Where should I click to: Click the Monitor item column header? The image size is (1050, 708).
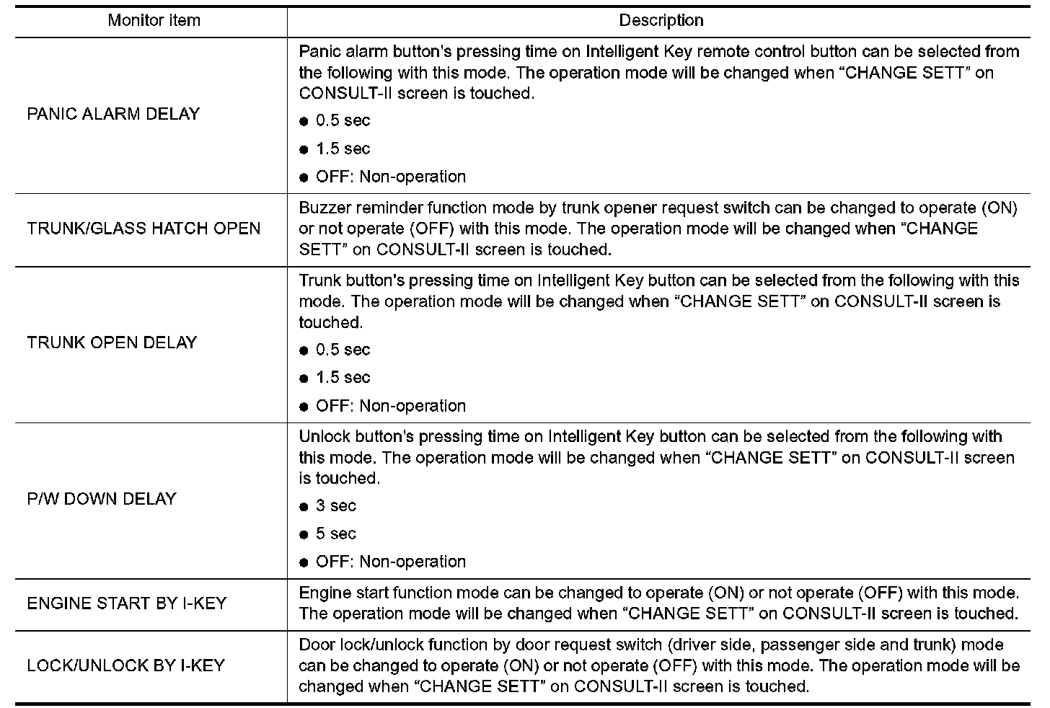pos(154,20)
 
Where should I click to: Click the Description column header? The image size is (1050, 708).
pos(661,20)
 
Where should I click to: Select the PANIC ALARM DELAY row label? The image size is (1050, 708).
pos(113,114)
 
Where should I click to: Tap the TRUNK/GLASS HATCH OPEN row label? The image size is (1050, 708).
pos(144,229)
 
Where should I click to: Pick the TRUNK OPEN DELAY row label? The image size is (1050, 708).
pos(112,342)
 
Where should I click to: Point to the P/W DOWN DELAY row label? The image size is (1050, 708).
pos(102,499)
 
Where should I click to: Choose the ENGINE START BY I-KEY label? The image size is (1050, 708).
pos(127,603)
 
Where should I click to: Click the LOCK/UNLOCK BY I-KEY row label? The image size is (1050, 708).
pos(126,665)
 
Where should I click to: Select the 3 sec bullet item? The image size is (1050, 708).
pos(335,506)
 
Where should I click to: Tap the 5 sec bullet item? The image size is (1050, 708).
pos(335,534)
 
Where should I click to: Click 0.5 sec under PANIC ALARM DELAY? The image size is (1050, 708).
pos(343,120)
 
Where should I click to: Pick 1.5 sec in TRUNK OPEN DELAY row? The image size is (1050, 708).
pos(343,377)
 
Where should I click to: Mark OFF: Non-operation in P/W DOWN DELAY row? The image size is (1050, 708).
pos(390,562)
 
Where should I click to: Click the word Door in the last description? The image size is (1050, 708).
pos(314,645)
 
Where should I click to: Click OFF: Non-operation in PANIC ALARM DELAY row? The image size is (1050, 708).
pos(390,177)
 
